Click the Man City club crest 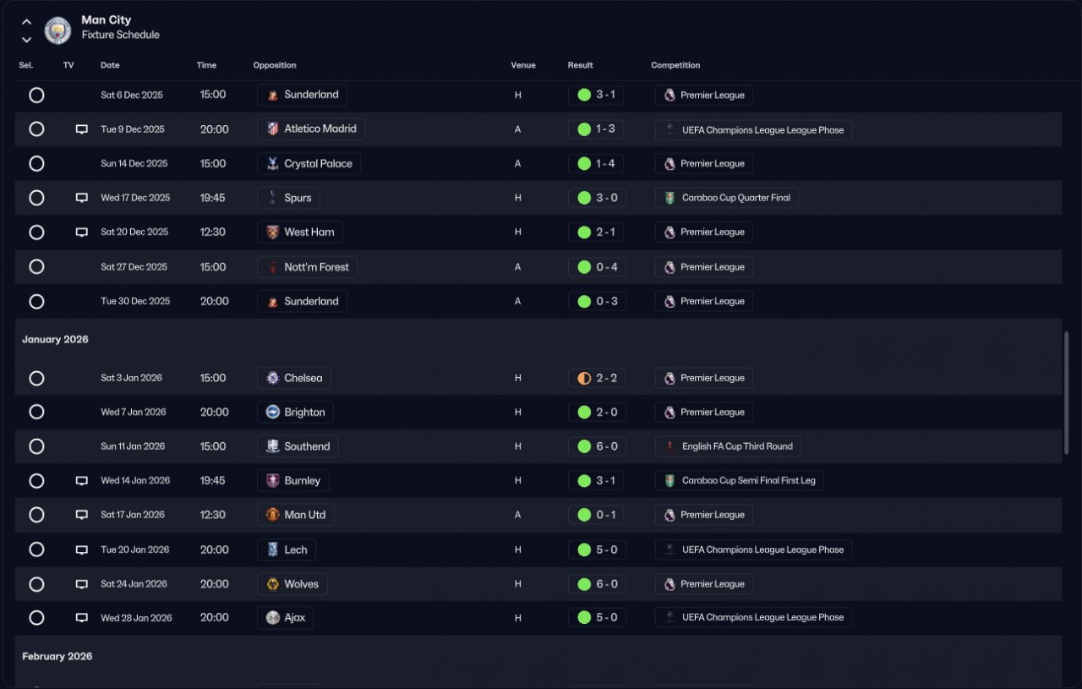(x=57, y=30)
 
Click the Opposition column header (x=275, y=65)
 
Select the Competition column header (x=675, y=65)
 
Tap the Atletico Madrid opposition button (x=311, y=129)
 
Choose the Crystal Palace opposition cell (x=309, y=164)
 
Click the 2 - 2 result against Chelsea (x=597, y=378)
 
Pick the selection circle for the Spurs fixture (x=36, y=198)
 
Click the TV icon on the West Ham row (x=82, y=232)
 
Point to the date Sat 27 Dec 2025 (x=134, y=267)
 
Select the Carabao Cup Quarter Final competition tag (x=727, y=198)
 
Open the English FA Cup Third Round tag (x=728, y=446)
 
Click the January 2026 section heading (x=55, y=339)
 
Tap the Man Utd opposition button (x=296, y=515)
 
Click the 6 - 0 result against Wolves (x=597, y=584)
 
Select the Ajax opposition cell (x=285, y=618)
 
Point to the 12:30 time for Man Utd (x=213, y=515)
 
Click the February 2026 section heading (x=57, y=656)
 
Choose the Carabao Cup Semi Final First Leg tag (x=739, y=480)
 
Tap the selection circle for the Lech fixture (x=36, y=550)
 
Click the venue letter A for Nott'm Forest (x=518, y=267)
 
